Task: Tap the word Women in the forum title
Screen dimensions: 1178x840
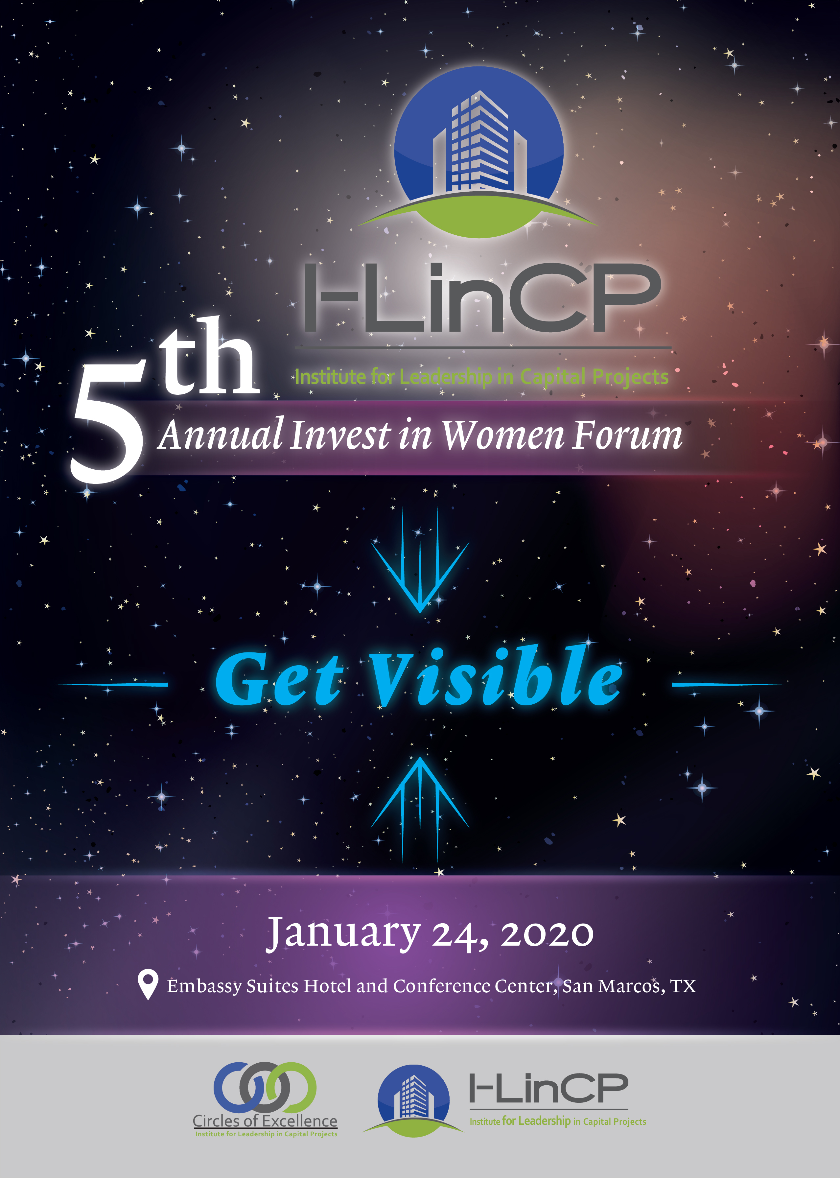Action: pos(502,436)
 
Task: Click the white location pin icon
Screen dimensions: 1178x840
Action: pos(148,983)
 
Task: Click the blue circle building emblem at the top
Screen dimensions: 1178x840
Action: pos(478,150)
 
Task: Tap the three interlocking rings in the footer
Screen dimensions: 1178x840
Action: pos(265,1088)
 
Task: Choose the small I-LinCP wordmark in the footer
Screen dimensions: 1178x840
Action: pos(548,1088)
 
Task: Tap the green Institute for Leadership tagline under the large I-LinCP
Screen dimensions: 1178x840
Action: pos(481,377)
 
